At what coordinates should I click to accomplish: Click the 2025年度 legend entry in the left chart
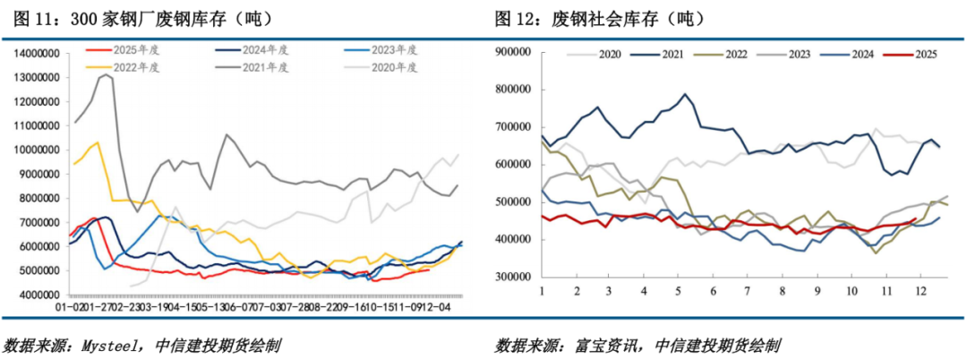coord(122,50)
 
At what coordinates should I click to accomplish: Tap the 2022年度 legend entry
coord(122,65)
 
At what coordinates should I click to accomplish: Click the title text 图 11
coord(31,17)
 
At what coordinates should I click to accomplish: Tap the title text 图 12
coord(516,17)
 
